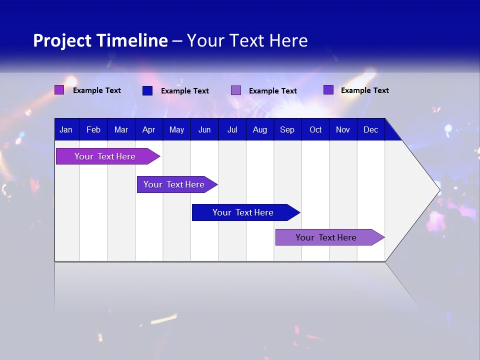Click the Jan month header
tap(66, 129)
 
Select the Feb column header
tap(93, 129)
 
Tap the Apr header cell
tap(148, 129)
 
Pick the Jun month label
tap(204, 129)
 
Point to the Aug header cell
tap(259, 129)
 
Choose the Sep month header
tap(287, 129)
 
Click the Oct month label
tap(315, 129)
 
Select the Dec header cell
tap(370, 129)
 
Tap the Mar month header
tap(121, 129)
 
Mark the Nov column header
tap(343, 129)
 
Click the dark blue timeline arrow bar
tap(245, 212)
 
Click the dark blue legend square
tap(147, 90)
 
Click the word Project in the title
tap(62, 40)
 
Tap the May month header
tap(176, 129)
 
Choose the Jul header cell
tap(232, 129)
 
